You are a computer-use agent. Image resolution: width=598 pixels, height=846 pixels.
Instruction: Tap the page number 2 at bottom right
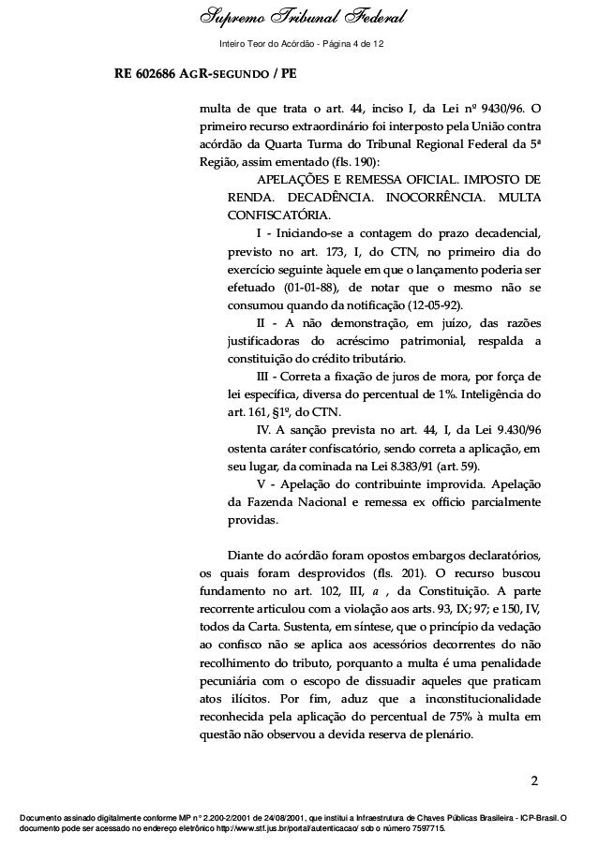pyautogui.click(x=533, y=780)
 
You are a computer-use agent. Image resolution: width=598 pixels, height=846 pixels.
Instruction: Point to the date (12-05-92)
pyautogui.click(x=448, y=306)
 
